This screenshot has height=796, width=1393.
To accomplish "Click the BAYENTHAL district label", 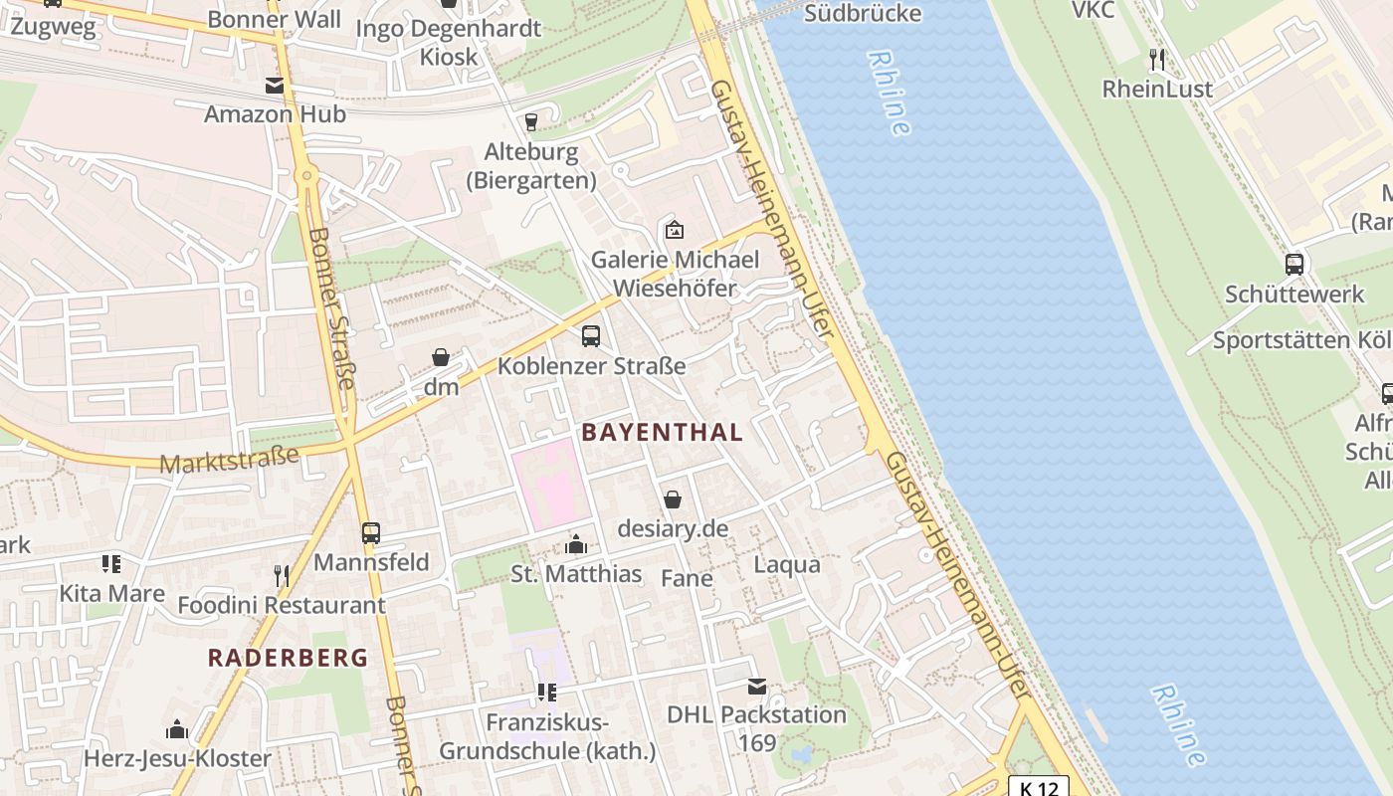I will click(x=662, y=432).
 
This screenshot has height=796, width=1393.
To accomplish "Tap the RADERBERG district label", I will click(x=288, y=658).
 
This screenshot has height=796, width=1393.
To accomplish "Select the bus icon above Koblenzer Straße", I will click(x=591, y=336).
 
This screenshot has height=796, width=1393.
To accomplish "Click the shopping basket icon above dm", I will click(x=441, y=357).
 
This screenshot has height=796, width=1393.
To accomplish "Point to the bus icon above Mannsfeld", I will click(x=371, y=533).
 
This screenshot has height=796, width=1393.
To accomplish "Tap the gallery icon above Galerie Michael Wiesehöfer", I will click(x=674, y=230).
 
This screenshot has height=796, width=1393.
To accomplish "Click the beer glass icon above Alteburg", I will click(x=530, y=122).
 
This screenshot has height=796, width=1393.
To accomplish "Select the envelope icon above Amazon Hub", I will click(x=275, y=86).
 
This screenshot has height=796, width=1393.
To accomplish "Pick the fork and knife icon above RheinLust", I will click(x=1156, y=60).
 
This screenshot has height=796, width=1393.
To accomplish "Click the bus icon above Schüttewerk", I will click(x=1293, y=265).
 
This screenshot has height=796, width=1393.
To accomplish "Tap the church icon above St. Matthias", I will click(x=576, y=544).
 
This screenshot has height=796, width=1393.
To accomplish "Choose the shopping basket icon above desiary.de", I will click(x=673, y=499).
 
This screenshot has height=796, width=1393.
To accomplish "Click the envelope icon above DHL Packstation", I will click(x=756, y=686).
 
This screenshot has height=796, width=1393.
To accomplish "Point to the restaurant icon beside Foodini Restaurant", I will click(x=282, y=575).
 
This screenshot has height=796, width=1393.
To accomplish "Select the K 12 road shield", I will click(x=1039, y=787).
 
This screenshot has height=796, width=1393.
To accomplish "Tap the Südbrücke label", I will click(x=862, y=13).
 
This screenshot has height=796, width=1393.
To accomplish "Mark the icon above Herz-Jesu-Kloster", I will click(x=177, y=729).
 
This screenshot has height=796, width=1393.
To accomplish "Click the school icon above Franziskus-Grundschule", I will click(x=546, y=692).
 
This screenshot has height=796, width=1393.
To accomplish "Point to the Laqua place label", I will click(x=787, y=564).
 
